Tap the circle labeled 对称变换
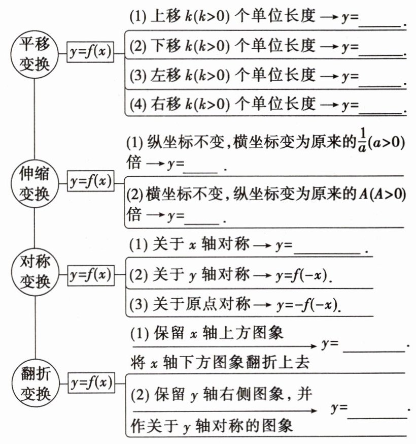[x=34, y=275]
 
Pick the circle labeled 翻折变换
[x=34, y=383]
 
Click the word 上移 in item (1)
[x=162, y=17]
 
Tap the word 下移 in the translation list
[x=162, y=46]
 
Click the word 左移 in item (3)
[x=162, y=76]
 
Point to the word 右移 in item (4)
[x=162, y=105]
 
